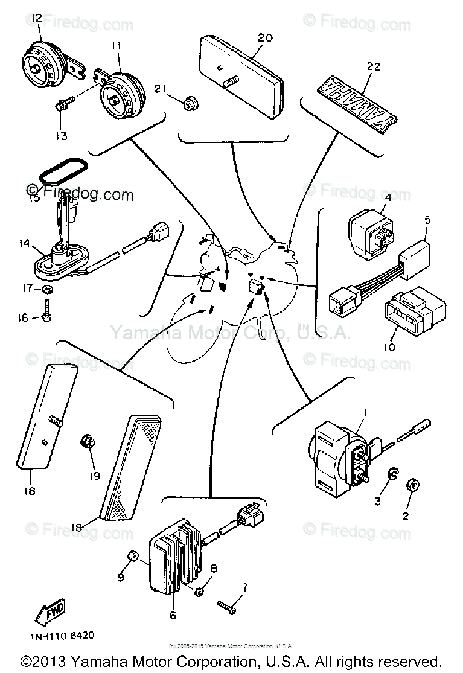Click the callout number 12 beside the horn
(36, 19)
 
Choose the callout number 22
(373, 66)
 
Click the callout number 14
(24, 244)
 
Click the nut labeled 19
(88, 443)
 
